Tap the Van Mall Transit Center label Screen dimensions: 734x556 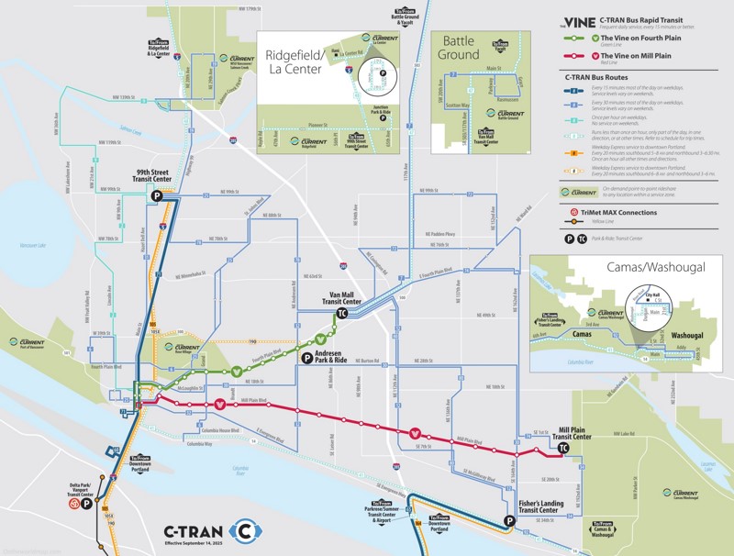pos(346,298)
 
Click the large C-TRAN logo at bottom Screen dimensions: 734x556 pos(211,530)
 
